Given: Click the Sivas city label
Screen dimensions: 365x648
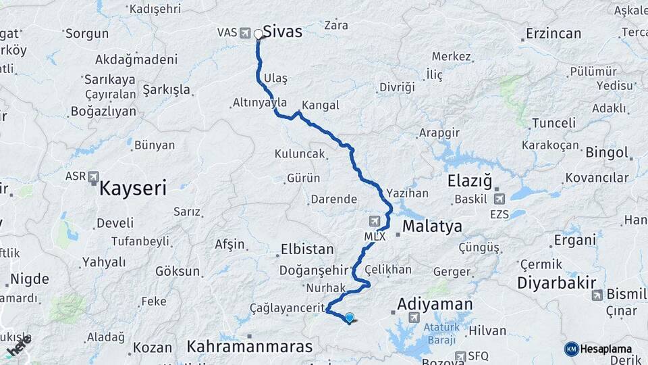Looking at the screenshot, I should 282,32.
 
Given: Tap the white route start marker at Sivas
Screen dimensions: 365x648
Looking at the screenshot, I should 259,34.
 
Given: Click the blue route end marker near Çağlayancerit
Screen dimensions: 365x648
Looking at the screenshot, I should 349,317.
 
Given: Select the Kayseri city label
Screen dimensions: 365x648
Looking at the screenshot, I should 132,188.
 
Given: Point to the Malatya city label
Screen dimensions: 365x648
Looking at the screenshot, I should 432,226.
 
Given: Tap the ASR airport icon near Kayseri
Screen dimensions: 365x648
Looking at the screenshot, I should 93,176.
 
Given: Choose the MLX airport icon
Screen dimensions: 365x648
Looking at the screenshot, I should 375,221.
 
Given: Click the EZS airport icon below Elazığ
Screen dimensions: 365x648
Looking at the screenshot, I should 500,199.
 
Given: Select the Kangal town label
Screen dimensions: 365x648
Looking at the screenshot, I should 321,105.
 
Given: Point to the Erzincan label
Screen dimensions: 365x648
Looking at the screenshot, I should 553,33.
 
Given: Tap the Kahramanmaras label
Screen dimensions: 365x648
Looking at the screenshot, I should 250,347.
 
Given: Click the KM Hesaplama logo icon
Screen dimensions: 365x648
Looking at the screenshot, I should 572,349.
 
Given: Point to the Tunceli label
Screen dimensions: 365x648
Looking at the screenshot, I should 553,123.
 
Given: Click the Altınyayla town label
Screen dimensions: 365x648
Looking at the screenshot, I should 260,103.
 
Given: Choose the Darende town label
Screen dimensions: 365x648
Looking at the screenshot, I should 333,199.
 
